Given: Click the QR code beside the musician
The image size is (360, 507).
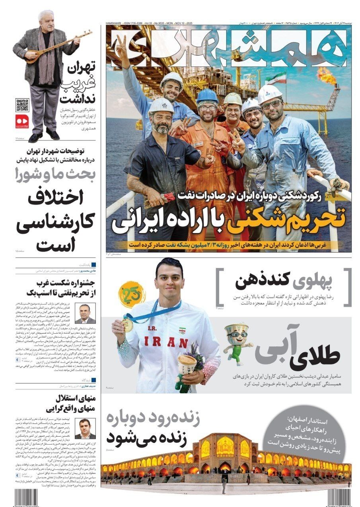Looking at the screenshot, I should (22, 105).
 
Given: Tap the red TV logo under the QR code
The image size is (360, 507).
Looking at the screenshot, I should (22, 121).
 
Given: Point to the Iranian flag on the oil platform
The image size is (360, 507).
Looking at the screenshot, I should (281, 78).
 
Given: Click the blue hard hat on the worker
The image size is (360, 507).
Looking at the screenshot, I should (207, 96).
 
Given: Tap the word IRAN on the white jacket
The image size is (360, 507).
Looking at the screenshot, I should (166, 342).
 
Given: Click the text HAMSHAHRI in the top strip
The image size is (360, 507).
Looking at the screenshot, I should (114, 24).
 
